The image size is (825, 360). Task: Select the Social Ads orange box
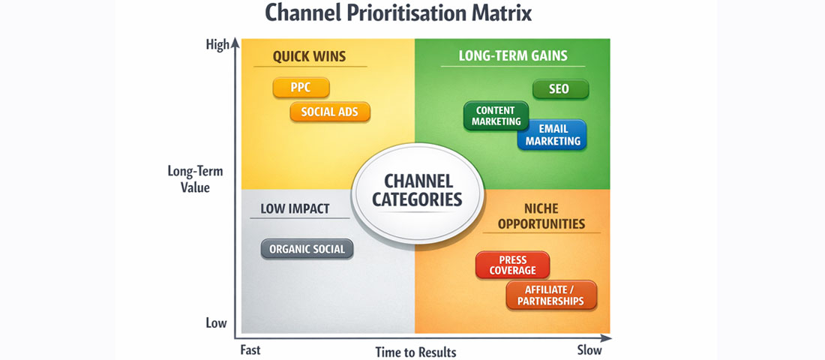[x=330, y=112]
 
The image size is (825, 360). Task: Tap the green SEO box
[x=560, y=89]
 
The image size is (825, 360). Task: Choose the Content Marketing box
[x=496, y=116]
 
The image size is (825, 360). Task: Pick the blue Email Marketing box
[x=553, y=135]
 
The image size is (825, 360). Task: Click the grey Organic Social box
[x=307, y=250]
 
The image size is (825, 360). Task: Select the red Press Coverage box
[x=512, y=265]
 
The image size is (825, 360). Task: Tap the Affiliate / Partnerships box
[x=551, y=295]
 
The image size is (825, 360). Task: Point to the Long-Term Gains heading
[x=513, y=56]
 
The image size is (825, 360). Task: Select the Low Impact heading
[x=295, y=208]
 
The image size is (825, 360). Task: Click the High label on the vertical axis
[x=217, y=46]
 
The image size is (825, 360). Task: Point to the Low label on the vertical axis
[x=216, y=323]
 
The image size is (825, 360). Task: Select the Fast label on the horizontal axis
[x=250, y=349]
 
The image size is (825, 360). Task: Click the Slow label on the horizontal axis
[x=589, y=349]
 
